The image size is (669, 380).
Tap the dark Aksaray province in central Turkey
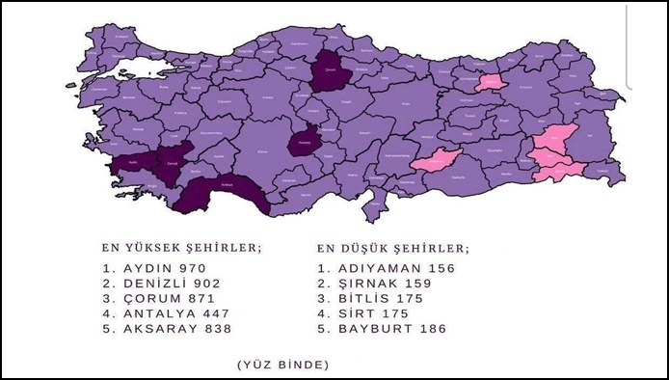(307, 143)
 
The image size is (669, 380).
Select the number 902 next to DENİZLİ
(205, 283)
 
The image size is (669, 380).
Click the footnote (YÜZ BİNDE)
(282, 364)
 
